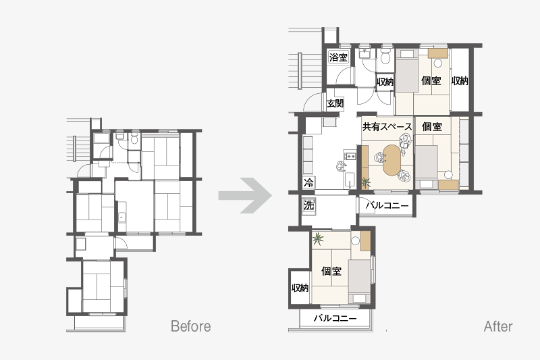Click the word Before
pyautogui.click(x=191, y=326)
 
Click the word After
pyautogui.click(x=498, y=326)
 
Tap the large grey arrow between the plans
pyautogui.click(x=245, y=195)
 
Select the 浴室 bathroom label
pyautogui.click(x=338, y=57)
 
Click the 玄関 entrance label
pyautogui.click(x=335, y=103)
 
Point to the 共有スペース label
pyautogui.click(x=387, y=127)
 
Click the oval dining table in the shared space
pyautogui.click(x=391, y=160)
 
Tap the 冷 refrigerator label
pyautogui.click(x=308, y=182)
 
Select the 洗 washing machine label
pyautogui.click(x=308, y=205)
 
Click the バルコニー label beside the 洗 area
pyautogui.click(x=387, y=205)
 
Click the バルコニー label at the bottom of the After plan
pyautogui.click(x=335, y=318)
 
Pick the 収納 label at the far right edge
pyautogui.click(x=460, y=81)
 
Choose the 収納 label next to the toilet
pyautogui.click(x=385, y=82)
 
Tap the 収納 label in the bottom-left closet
pyautogui.click(x=300, y=288)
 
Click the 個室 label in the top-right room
pyautogui.click(x=431, y=81)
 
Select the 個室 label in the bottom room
pyautogui.click(x=331, y=271)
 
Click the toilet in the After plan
pyautogui.click(x=386, y=55)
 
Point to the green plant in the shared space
pyautogui.click(x=365, y=182)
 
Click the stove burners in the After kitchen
pyautogui.click(x=350, y=156)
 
